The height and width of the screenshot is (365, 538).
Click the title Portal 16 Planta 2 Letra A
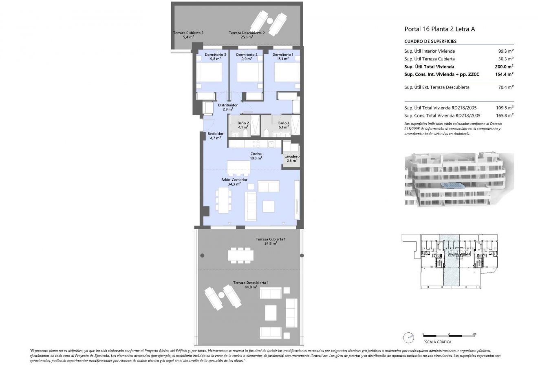tap(439, 29)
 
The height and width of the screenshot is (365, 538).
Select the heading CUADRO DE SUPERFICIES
tap(430, 42)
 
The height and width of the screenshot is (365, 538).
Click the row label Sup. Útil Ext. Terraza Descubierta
tap(437, 87)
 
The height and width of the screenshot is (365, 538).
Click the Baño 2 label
tap(243, 125)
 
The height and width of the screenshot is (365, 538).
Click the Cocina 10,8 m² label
tap(256, 156)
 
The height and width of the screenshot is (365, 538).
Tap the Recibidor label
tap(215, 135)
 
